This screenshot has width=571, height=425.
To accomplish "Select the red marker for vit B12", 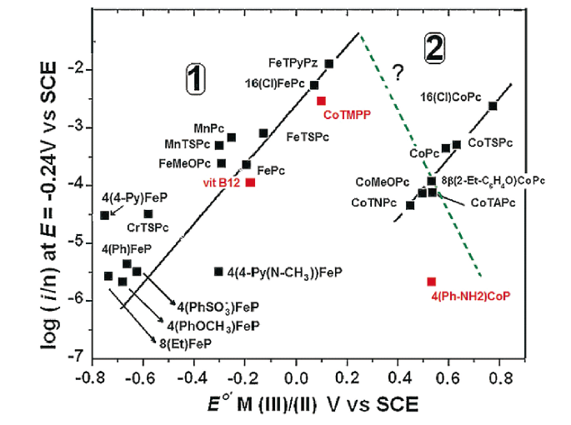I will [250, 182].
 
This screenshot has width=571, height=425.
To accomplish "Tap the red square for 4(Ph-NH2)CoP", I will [432, 282].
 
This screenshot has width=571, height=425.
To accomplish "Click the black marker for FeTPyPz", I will [329, 63].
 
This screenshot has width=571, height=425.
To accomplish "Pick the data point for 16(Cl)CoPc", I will [493, 106].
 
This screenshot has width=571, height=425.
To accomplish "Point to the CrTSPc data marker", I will [148, 214].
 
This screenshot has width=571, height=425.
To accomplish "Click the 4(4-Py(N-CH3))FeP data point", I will [219, 271].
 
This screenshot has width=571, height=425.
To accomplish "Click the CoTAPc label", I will [493, 202].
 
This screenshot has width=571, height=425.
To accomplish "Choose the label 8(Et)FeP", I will [186, 342].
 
